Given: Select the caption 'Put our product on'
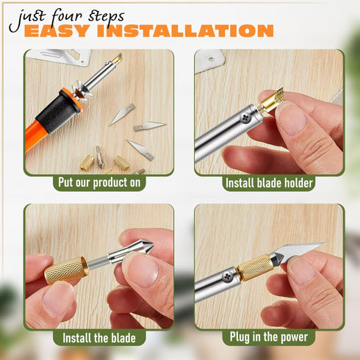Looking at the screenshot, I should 99,183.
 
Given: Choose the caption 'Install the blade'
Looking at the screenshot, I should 99,338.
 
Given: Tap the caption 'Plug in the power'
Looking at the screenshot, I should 269,337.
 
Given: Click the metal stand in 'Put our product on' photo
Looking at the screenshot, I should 63,56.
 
